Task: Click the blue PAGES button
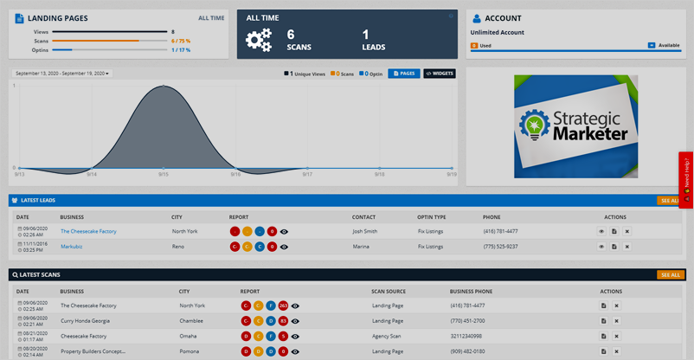coord(403,74)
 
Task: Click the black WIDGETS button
coord(439,74)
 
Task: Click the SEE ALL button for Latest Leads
coord(670,200)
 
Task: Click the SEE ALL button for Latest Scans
coord(670,274)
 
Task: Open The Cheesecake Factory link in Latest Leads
coord(88,231)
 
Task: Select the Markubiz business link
coord(73,247)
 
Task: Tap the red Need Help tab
coord(686,180)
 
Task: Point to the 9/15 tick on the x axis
coord(164,174)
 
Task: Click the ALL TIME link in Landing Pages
coord(211,17)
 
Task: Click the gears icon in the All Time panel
coord(259,40)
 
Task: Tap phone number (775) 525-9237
coord(501,247)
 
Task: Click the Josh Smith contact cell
coord(365,231)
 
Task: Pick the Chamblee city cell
coord(191,320)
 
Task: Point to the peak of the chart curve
coord(164,85)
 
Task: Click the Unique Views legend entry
coord(305,74)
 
